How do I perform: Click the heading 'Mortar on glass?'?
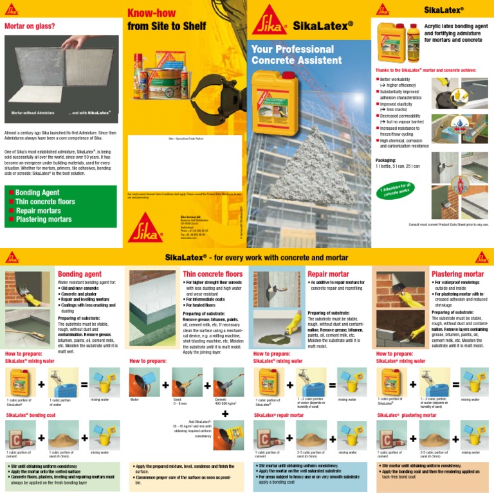click(x=30, y=26)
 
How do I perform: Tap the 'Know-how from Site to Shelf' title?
click(x=167, y=20)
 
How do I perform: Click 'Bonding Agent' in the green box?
click(x=37, y=192)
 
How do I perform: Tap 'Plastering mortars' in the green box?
click(x=43, y=219)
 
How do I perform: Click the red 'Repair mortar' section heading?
click(x=328, y=274)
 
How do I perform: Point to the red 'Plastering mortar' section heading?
click(x=457, y=274)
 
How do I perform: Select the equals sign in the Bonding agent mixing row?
click(x=84, y=384)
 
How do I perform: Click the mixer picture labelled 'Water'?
click(x=143, y=382)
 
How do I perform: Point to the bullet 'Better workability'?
click(x=399, y=79)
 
